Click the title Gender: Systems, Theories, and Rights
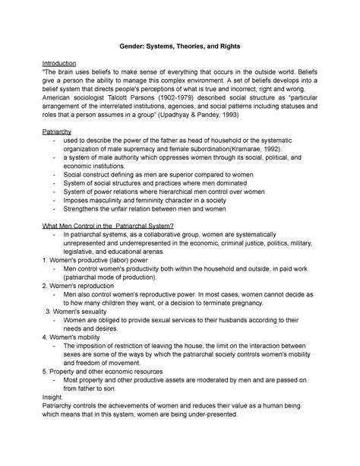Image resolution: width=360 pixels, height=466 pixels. click(180, 46)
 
